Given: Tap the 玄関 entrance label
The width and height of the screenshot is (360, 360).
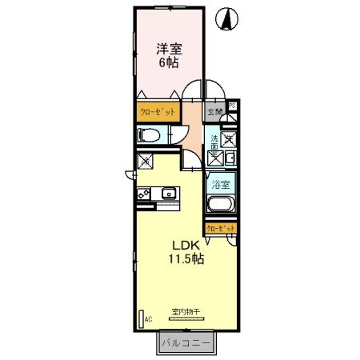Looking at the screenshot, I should (x=214, y=113).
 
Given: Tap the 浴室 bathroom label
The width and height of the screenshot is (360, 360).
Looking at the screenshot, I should (x=220, y=185).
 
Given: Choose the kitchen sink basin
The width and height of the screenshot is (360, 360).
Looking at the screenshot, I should (x=170, y=193).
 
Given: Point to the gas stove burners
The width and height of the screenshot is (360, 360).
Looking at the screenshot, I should (x=145, y=194).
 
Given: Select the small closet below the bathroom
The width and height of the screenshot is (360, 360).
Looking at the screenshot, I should (x=221, y=229).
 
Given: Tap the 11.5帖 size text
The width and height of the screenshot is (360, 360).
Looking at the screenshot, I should (x=185, y=259).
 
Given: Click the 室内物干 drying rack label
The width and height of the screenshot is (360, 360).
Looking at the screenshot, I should (x=185, y=311).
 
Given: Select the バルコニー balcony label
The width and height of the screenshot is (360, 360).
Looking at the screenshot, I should (x=185, y=343).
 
